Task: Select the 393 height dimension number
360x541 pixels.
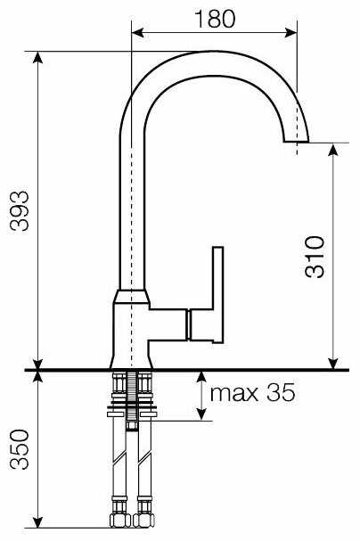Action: [x=20, y=210]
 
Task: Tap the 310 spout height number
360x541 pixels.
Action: [x=315, y=257]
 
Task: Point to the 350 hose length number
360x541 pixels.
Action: [x=20, y=449]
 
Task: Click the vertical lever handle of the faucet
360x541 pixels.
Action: [x=218, y=295]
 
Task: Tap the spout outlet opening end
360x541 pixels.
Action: [x=296, y=142]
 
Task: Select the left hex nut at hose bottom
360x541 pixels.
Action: [x=119, y=521]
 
